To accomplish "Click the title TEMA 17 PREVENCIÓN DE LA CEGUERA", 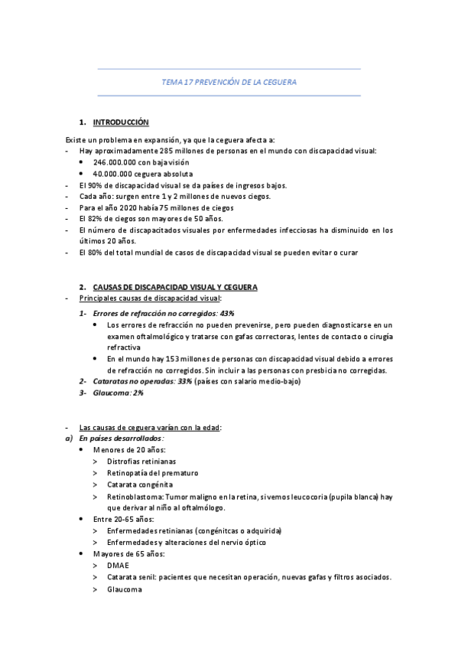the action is (229, 82).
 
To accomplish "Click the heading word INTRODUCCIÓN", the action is (121, 122).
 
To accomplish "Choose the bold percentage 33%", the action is (184, 381).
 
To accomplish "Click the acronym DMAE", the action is (118, 566).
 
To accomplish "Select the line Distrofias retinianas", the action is (141, 461).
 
